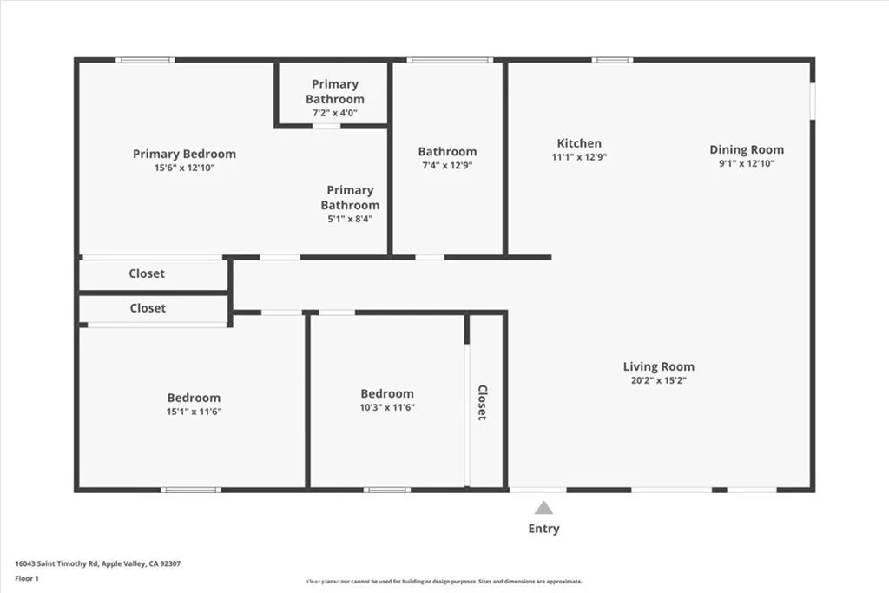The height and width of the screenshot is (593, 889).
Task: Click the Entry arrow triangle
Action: [543, 508]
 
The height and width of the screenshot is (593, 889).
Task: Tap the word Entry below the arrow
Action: [543, 529]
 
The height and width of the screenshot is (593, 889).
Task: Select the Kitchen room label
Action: [579, 143]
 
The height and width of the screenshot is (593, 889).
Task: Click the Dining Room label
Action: [747, 149]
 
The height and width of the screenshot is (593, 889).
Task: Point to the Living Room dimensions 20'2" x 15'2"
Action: [658, 380]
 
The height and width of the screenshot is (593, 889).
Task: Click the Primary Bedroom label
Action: [184, 154]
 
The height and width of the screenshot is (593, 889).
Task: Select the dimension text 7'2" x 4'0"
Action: [334, 113]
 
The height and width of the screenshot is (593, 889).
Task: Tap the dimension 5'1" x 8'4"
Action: [350, 219]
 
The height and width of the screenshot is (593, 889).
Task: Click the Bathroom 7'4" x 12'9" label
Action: [447, 151]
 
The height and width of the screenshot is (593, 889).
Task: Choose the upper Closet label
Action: [147, 273]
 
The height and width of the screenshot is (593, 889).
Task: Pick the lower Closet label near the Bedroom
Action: [148, 308]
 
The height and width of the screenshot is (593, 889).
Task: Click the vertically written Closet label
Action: [483, 403]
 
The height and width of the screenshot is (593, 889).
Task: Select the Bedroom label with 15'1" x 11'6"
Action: [194, 398]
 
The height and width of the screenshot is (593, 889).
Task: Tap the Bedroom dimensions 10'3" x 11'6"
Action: [387, 406]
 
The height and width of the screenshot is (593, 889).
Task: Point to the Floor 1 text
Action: [27, 577]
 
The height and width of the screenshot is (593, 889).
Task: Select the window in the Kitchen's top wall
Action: [613, 60]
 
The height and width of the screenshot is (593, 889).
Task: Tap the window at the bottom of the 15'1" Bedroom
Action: [191, 490]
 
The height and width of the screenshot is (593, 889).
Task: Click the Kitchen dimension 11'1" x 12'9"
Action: [579, 158]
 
